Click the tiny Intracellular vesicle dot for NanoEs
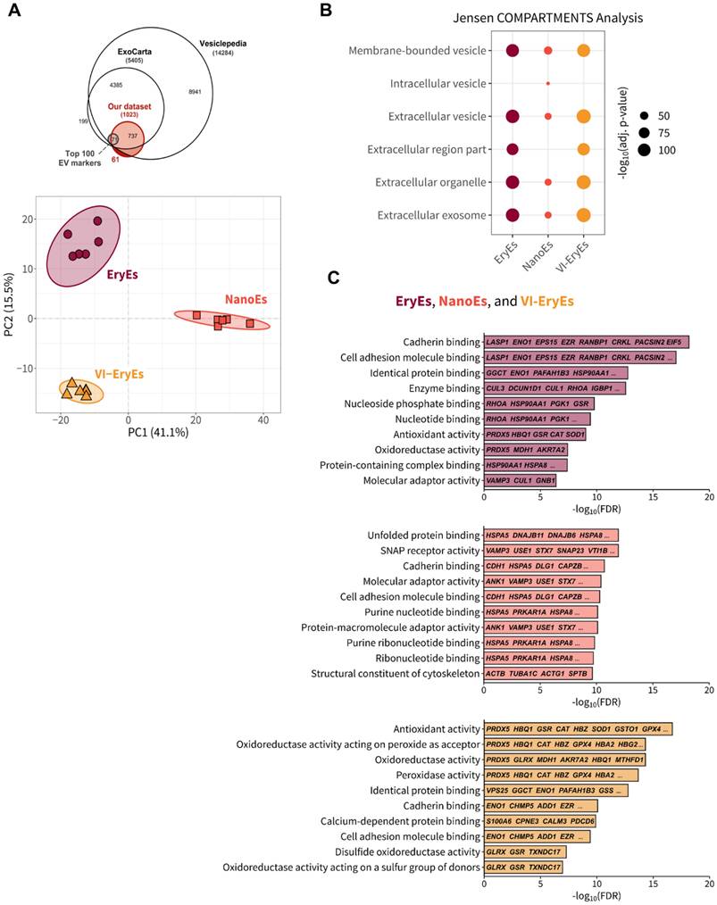coord(548,84)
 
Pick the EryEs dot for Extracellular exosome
coord(513,215)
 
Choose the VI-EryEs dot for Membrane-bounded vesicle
coord(584,51)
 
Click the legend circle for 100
coord(644,150)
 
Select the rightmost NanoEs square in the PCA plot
coord(251,323)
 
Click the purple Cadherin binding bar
coord(586,342)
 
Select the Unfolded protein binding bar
coord(550,535)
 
